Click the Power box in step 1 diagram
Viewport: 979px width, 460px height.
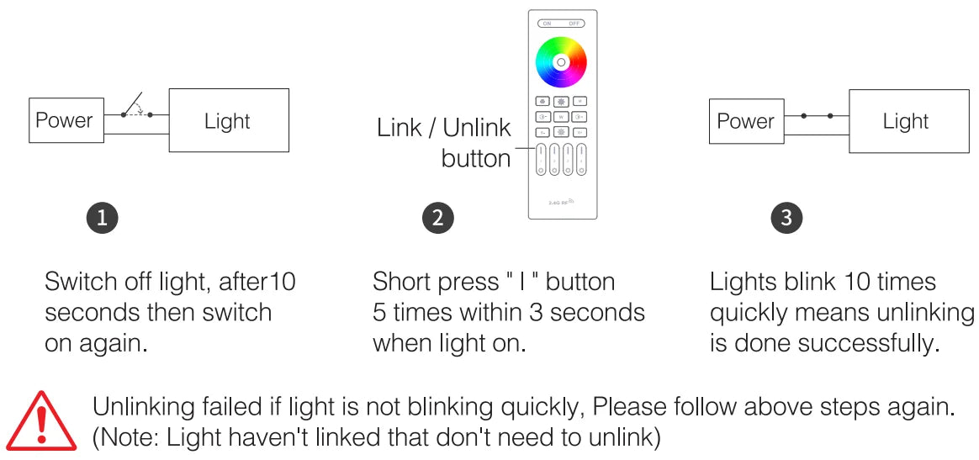pos(64,120)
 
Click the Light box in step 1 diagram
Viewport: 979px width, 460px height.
pos(228,120)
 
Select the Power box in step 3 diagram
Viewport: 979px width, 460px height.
pos(745,121)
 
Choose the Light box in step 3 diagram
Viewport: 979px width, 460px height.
pos(906,121)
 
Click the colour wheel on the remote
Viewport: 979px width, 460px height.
pos(561,62)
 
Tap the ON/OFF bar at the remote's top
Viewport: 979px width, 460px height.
pos(561,24)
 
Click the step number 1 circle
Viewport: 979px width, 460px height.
pos(102,218)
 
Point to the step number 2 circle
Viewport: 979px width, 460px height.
pos(437,218)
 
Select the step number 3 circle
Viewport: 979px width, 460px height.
pos(786,218)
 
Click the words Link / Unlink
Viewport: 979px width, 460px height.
pos(443,129)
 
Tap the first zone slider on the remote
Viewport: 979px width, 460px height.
pos(541,159)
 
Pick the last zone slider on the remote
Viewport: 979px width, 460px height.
pos(581,159)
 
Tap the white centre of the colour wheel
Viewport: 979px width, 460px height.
pos(561,62)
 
